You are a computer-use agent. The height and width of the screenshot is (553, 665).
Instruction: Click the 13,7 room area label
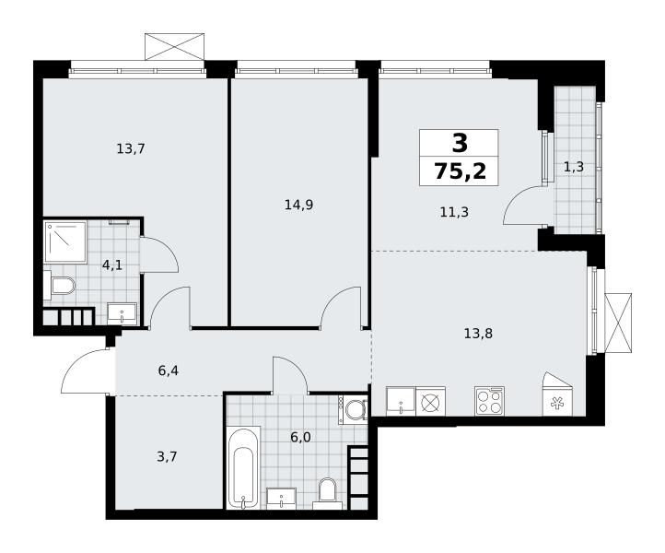(x=131, y=149)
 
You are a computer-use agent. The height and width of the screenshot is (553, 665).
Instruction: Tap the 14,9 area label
(x=298, y=206)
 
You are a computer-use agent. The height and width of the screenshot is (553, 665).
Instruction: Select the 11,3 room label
(x=454, y=211)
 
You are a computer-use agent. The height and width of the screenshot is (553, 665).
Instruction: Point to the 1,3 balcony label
(x=574, y=167)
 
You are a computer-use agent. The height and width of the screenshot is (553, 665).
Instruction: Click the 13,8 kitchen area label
(x=478, y=334)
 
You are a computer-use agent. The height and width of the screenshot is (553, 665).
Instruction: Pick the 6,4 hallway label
(x=168, y=371)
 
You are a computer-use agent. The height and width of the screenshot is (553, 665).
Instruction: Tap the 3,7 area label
(x=167, y=457)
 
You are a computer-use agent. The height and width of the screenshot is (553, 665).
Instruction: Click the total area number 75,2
(x=460, y=171)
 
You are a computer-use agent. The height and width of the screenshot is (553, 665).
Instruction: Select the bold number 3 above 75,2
(x=460, y=143)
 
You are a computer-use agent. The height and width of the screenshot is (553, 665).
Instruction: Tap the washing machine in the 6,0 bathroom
(x=353, y=409)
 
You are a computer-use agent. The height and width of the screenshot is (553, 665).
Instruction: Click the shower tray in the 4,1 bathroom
(x=65, y=241)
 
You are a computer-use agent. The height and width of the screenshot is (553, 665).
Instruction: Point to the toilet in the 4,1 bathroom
(x=59, y=285)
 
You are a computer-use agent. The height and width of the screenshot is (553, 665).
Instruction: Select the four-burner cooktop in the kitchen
(x=489, y=401)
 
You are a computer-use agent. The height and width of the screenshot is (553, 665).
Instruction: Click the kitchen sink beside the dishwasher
(x=401, y=401)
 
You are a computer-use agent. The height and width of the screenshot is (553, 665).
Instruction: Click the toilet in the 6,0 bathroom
(x=327, y=494)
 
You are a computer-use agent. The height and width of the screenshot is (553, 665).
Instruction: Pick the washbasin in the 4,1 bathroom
(x=122, y=314)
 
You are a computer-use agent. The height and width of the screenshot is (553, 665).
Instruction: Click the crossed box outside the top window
(x=175, y=46)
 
